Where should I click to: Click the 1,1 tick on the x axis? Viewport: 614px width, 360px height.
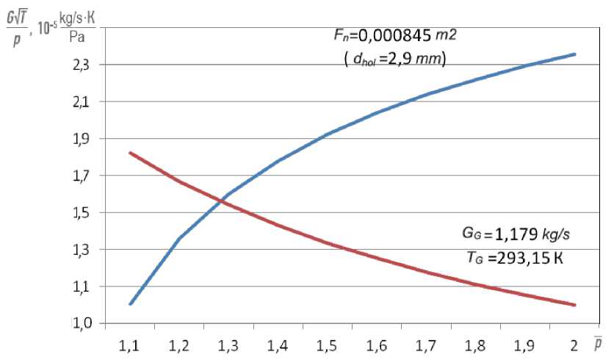click(130, 343)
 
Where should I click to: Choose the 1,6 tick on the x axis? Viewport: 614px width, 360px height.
click(377, 343)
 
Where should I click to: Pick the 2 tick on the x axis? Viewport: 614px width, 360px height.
click(574, 343)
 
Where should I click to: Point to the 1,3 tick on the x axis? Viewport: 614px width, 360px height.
click(228, 343)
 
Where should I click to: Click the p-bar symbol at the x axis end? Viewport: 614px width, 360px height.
click(599, 342)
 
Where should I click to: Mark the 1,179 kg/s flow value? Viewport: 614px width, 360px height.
click(522, 234)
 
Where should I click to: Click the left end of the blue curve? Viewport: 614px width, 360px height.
click(130, 303)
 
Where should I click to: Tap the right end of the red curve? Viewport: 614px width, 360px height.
click(574, 305)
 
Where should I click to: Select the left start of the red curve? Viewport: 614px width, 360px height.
click(130, 153)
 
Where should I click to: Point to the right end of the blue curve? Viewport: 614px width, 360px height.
click(574, 54)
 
